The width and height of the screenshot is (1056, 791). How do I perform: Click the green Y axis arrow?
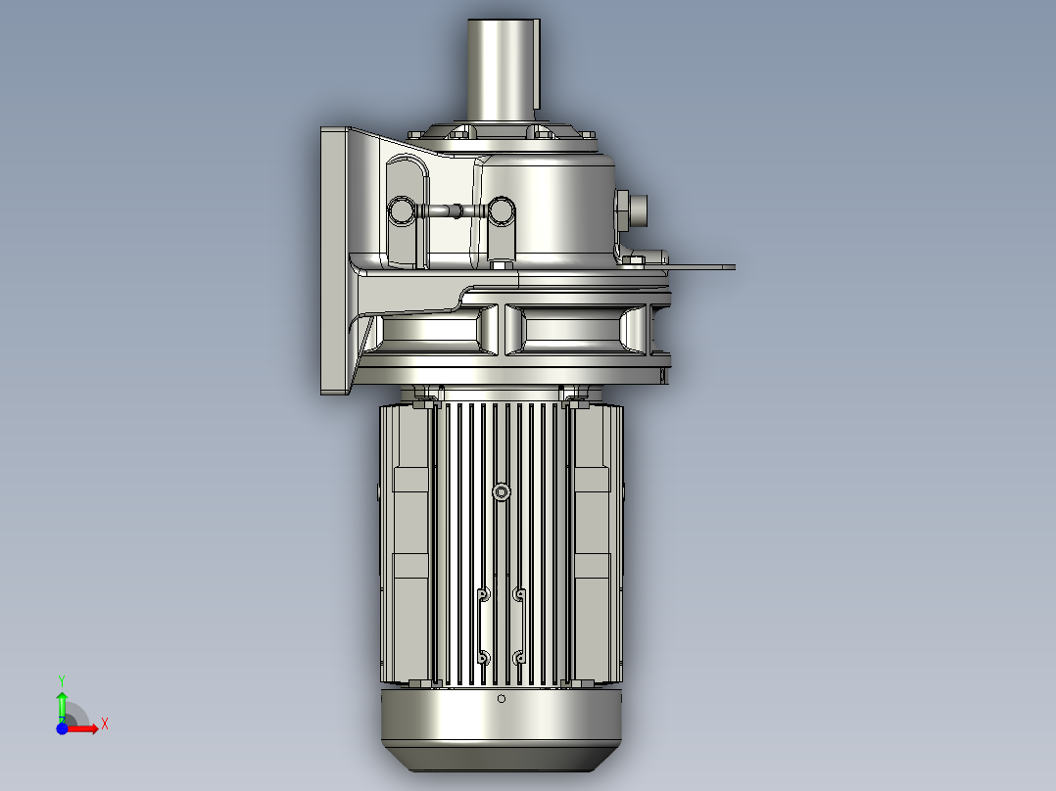click(62, 702)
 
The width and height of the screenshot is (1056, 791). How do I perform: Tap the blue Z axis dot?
click(62, 727)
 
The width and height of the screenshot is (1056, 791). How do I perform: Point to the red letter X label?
click(104, 723)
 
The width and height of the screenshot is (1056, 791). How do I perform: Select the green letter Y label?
click(61, 679)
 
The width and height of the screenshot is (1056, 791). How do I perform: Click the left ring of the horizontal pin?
click(402, 209)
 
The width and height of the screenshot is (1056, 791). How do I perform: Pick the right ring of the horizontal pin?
click(502, 209)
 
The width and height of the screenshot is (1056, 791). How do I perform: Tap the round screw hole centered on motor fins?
click(502, 491)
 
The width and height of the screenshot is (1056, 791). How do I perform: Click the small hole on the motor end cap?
click(502, 699)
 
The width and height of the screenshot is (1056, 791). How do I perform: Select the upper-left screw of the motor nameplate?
click(482, 594)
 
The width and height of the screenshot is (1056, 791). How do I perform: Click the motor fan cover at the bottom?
click(502, 729)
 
